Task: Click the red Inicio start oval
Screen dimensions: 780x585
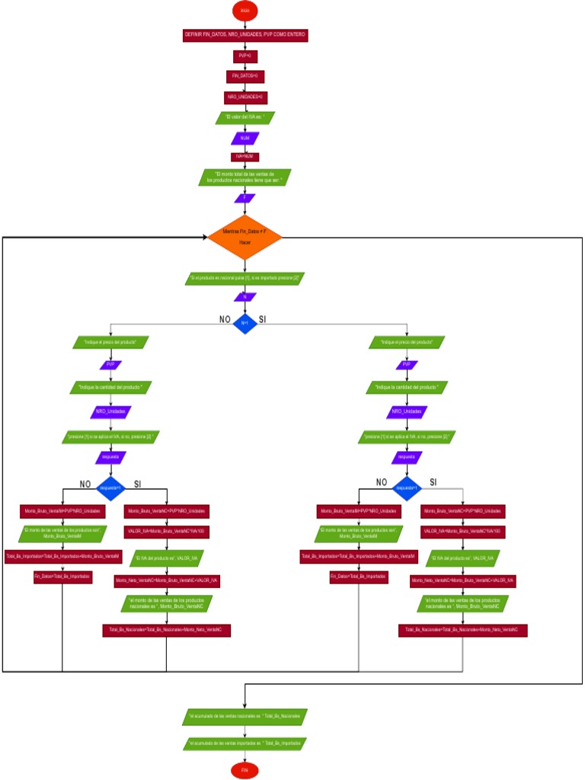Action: [x=245, y=11]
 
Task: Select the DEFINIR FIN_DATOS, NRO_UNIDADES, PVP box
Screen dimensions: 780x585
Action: [x=245, y=35]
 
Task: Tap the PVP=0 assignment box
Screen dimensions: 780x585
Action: [x=245, y=56]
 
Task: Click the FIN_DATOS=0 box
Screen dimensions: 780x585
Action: [x=245, y=76]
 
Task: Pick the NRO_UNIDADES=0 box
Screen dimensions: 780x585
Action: [x=245, y=97]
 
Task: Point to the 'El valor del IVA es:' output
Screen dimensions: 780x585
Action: [x=245, y=118]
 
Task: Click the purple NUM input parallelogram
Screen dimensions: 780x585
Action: [x=245, y=139]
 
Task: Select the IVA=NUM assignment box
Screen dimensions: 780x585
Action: [x=245, y=158]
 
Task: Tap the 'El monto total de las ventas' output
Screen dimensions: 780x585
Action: [x=245, y=177]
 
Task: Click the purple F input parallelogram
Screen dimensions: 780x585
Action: [x=245, y=198]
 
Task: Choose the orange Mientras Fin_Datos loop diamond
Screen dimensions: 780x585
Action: [x=245, y=236]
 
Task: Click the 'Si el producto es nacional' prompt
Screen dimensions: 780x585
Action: [x=245, y=279]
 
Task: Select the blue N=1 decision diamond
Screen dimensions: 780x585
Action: [x=245, y=323]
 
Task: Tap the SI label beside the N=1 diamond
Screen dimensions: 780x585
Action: [x=263, y=318]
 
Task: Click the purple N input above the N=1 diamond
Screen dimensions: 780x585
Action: [x=245, y=297]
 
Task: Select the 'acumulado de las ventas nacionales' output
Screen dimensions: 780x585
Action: [x=245, y=717]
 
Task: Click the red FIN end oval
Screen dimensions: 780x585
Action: [x=245, y=770]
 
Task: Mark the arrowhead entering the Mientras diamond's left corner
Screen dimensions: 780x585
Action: [x=205, y=237]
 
